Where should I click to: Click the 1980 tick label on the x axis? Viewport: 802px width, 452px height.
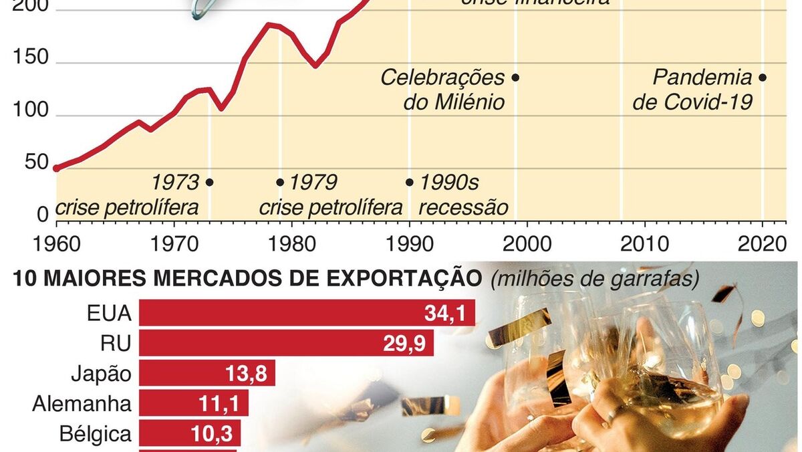tap(292, 241)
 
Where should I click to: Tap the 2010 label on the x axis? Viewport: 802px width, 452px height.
tap(645, 241)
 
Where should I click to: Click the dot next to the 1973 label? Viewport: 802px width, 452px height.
tap(209, 182)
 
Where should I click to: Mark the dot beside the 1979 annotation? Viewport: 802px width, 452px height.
tap(280, 182)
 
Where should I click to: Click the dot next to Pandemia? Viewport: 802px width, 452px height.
tap(763, 78)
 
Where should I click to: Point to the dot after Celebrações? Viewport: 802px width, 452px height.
tap(515, 78)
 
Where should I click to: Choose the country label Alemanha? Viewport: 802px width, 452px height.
tap(82, 404)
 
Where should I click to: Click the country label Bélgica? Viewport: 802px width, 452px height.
tap(94, 434)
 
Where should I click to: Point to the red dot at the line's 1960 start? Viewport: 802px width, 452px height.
tap(56, 168)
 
